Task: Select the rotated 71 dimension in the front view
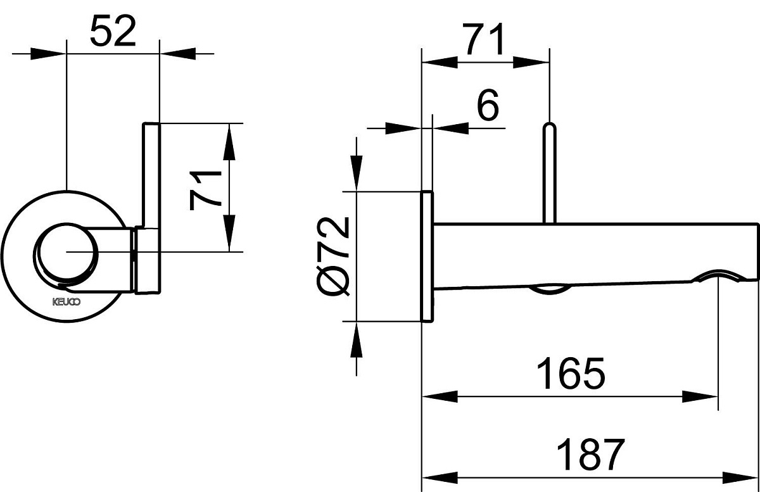206,188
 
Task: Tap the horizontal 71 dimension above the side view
485,39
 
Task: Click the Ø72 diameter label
333,256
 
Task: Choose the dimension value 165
571,374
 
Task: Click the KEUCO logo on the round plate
62,302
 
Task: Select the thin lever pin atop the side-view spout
550,171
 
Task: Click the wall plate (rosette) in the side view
427,256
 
